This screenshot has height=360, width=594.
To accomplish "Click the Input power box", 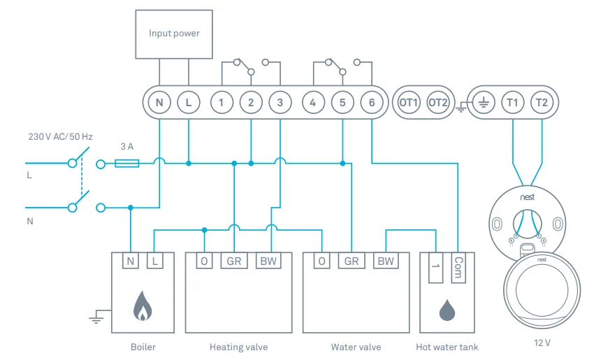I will [174, 34].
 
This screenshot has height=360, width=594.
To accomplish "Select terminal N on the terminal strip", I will [159, 103].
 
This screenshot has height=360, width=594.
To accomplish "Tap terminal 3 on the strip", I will [280, 103].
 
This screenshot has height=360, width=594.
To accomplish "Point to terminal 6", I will [372, 103].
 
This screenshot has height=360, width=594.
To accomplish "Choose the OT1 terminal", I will [408, 103].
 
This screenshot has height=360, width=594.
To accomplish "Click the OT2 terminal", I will [438, 103].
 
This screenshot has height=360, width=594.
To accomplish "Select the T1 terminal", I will [512, 103].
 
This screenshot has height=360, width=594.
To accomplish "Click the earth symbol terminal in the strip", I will [482, 103].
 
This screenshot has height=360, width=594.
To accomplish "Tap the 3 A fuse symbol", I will [126, 164].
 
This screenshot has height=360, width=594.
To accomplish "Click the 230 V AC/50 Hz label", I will [60, 137].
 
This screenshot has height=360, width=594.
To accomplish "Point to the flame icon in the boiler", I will [143, 306].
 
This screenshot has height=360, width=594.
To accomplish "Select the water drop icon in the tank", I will [447, 309].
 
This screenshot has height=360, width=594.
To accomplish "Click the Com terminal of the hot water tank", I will [458, 267].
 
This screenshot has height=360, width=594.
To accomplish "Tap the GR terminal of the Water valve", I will [352, 261].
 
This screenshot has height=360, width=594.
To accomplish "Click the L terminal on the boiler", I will [155, 261].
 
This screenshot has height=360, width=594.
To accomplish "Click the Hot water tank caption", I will [447, 347].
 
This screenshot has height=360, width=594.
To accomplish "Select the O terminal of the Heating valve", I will [204, 261].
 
